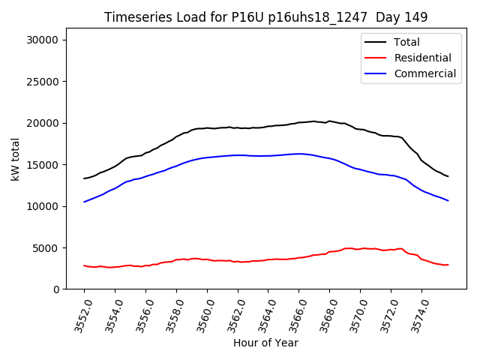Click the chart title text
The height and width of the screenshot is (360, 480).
coord(265,17)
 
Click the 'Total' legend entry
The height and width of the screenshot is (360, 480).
coord(406,42)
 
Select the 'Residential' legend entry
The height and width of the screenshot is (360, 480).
coord(422,58)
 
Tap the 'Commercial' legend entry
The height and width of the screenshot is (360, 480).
coord(424,73)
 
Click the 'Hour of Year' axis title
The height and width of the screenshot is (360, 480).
coord(265,343)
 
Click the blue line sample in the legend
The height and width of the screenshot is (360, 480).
coord(377,73)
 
